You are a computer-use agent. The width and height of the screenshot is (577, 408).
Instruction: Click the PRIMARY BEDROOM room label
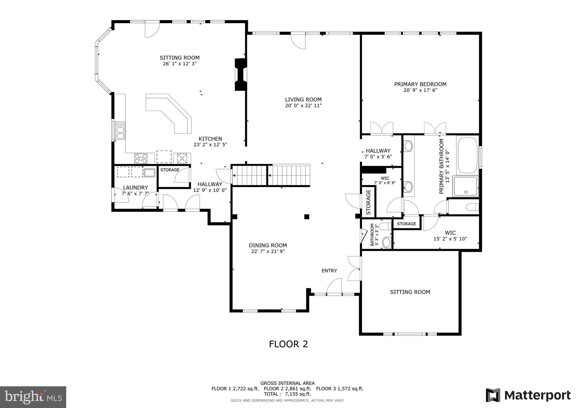point(420,84)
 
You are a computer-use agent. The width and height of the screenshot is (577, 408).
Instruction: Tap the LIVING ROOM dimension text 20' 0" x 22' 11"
point(303,106)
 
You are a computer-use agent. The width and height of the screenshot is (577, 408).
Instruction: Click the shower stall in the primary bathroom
point(465,186)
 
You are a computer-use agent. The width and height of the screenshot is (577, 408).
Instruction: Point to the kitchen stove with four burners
point(141,158)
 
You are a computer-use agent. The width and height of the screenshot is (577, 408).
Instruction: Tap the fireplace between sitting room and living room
point(240,74)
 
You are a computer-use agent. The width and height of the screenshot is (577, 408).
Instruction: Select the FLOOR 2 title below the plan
point(288,344)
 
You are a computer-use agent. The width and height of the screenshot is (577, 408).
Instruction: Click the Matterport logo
point(528,395)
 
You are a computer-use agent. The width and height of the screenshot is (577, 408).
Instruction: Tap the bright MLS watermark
point(33,397)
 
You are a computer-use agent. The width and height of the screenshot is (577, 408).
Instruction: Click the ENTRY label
point(329,271)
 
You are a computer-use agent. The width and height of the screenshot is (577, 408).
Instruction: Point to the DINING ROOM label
point(268,245)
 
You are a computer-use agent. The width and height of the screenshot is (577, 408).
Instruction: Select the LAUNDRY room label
point(135,188)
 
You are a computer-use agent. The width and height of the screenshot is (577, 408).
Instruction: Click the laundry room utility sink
point(149,172)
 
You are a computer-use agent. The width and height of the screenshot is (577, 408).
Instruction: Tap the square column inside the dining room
point(307,217)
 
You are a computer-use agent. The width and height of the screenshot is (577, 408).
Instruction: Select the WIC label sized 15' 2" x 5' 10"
point(450,233)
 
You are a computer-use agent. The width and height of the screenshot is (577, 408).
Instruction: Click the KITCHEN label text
point(210,139)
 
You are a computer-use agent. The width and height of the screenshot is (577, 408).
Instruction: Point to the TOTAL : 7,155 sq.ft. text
point(287,394)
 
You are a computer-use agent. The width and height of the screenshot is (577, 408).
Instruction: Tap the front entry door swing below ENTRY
point(334,286)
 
